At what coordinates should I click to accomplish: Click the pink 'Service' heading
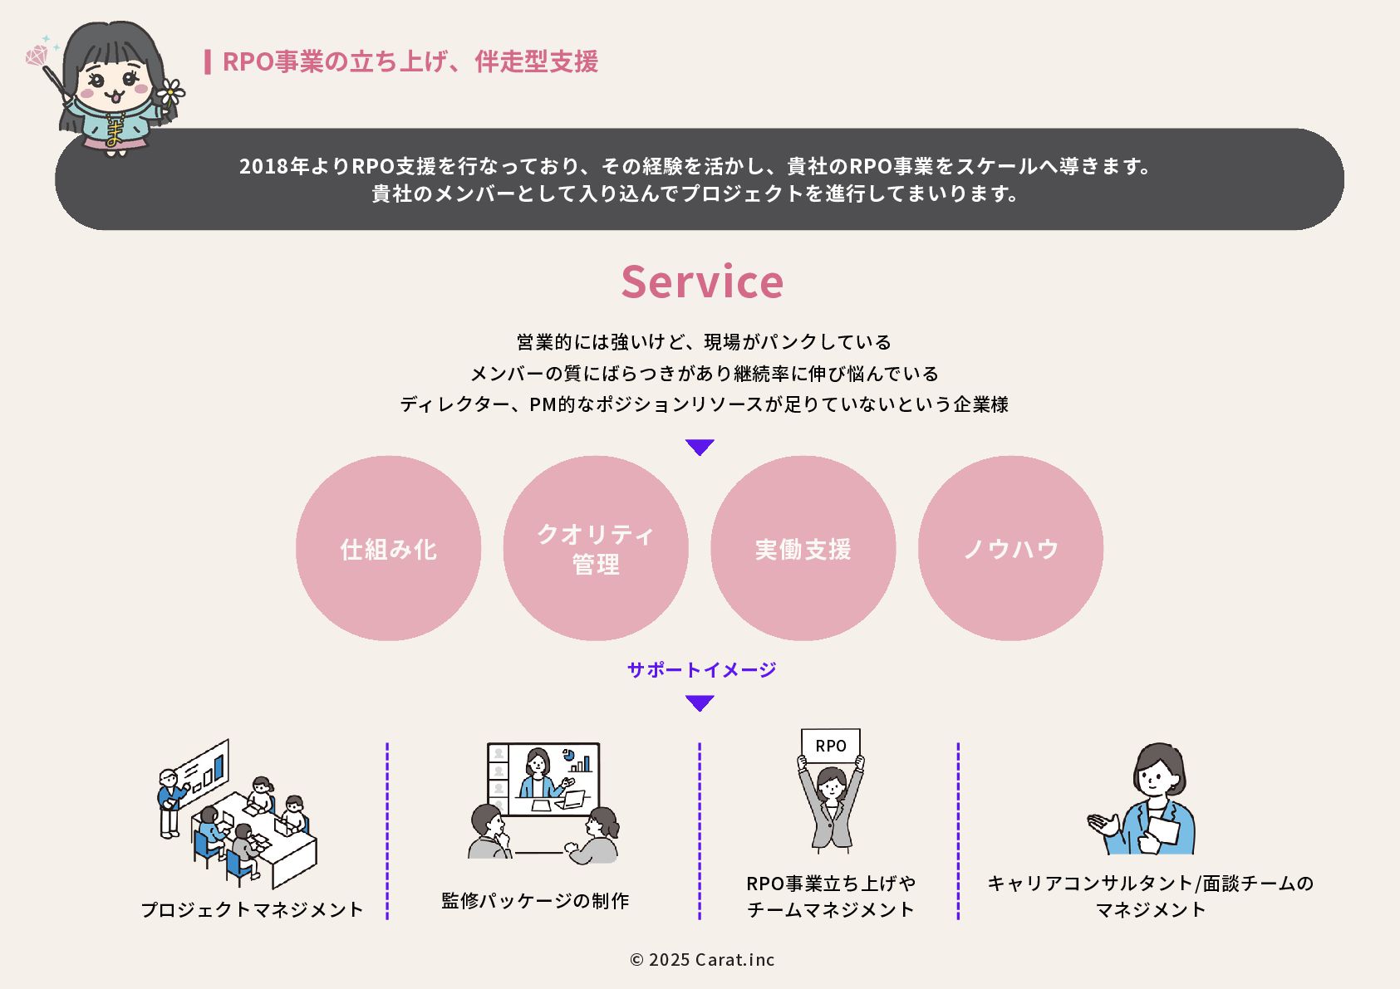tap(702, 282)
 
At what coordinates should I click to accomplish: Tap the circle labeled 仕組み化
tap(388, 548)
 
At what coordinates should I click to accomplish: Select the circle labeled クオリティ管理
tap(596, 548)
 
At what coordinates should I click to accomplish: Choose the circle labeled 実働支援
tap(803, 548)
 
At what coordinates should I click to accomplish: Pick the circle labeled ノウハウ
tap(1010, 548)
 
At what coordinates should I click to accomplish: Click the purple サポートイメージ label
tap(701, 669)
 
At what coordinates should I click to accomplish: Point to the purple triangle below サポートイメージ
tap(700, 703)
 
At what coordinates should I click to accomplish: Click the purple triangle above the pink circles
tap(700, 447)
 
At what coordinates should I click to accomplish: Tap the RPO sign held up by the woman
tap(830, 745)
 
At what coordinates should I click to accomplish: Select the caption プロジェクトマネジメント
tap(252, 909)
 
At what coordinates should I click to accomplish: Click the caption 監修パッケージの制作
tap(535, 900)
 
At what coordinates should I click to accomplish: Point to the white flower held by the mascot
tap(170, 91)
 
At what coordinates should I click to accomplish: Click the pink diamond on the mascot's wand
tap(37, 56)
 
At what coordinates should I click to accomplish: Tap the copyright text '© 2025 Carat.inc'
tap(702, 959)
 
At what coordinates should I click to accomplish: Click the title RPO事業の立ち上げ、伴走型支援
tap(410, 61)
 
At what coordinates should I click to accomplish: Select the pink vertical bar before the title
tap(207, 61)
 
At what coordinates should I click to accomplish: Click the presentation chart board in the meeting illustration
tap(204, 768)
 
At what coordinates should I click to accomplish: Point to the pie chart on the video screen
tap(569, 755)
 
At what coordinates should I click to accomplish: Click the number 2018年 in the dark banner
tap(273, 166)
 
